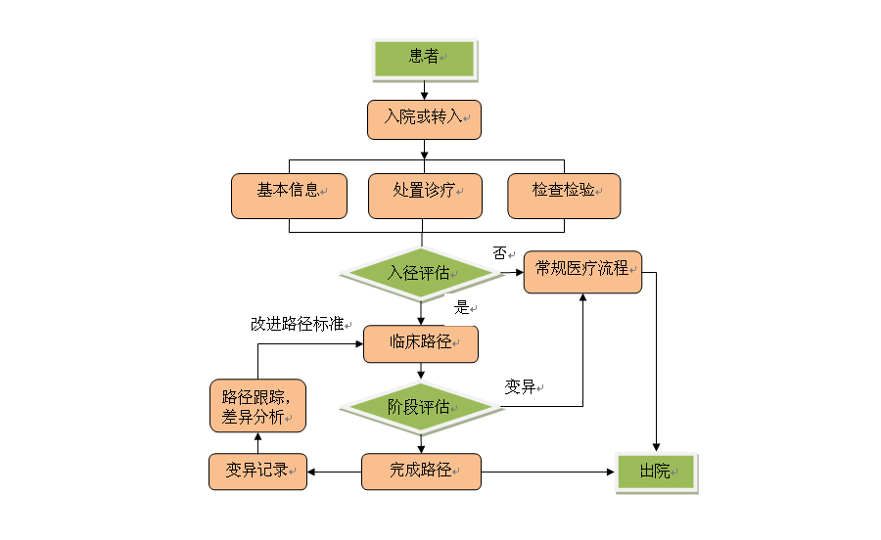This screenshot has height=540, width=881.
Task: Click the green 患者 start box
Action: click(424, 58)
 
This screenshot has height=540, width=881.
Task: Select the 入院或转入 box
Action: click(424, 118)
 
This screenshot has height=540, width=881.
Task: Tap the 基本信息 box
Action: click(290, 195)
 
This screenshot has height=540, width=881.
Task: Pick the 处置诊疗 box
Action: click(424, 195)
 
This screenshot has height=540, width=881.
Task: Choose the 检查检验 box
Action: click(564, 195)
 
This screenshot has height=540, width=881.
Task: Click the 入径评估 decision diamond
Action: click(420, 273)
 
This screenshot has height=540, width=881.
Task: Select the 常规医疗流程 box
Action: click(582, 270)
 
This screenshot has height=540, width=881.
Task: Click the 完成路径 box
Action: click(421, 472)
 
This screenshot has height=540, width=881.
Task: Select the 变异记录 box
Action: click(257, 472)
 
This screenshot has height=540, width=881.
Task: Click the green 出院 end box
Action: click(655, 472)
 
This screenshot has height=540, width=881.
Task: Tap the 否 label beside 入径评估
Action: click(499, 253)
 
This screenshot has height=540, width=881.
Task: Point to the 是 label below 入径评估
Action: click(462, 307)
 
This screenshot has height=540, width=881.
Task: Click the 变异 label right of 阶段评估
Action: click(520, 387)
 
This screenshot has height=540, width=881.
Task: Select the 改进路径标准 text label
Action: click(297, 324)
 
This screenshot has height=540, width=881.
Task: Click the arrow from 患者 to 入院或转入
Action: click(424, 89)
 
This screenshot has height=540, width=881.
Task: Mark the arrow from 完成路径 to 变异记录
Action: click(334, 472)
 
